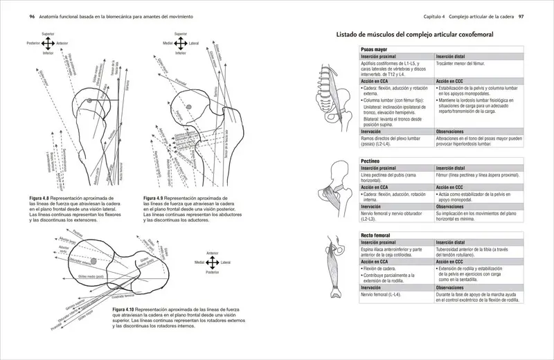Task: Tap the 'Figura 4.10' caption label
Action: pyautogui.click(x=127, y=309)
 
